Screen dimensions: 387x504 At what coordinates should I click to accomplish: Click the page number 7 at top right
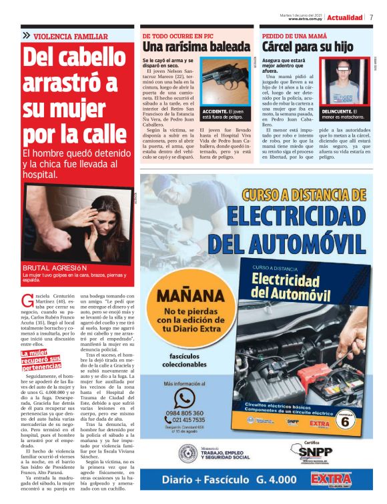372,17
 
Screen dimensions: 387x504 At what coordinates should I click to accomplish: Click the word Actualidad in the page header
345,17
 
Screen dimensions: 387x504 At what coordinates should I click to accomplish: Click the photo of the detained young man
344,82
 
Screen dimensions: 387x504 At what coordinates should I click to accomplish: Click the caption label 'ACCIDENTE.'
215,111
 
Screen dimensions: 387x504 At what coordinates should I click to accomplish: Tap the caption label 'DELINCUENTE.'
337,111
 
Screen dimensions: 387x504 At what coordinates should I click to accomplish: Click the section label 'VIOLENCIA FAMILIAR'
70,36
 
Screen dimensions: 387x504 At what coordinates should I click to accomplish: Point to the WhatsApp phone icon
183,399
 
